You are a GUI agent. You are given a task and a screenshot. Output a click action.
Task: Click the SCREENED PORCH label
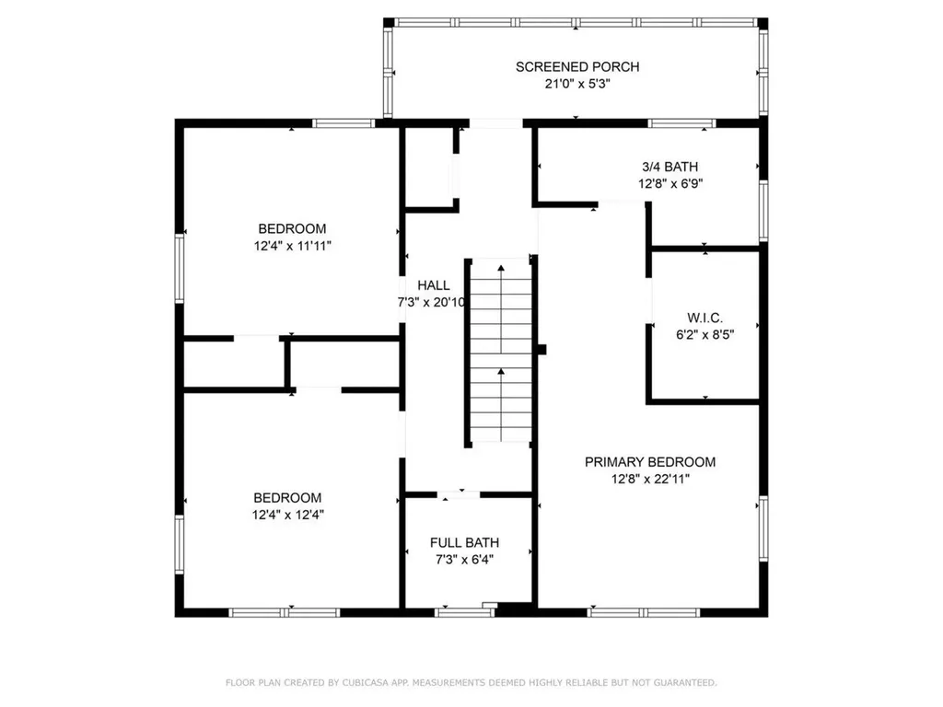576,66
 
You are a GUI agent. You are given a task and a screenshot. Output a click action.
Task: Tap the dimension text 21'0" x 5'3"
576,83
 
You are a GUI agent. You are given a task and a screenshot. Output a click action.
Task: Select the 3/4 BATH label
669,167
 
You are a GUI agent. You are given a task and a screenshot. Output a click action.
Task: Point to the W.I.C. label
704,319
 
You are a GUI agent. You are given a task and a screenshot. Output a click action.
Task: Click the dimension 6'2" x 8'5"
704,335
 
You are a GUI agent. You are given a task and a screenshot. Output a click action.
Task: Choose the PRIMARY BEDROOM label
650,462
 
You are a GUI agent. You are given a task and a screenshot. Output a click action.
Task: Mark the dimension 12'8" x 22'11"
650,479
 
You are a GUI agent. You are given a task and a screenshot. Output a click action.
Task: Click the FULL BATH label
465,543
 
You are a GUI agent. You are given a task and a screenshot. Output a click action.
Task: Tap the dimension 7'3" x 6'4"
465,560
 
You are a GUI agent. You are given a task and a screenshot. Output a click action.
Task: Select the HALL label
434,285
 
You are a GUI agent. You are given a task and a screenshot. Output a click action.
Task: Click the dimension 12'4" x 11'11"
292,246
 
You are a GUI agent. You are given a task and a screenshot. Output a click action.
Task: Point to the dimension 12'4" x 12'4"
288,515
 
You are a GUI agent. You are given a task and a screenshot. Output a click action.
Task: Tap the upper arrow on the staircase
501,269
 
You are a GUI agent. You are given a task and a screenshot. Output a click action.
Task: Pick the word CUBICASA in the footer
363,683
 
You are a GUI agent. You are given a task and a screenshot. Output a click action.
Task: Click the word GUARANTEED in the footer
683,683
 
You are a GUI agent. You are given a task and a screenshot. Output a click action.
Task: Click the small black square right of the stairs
541,350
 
